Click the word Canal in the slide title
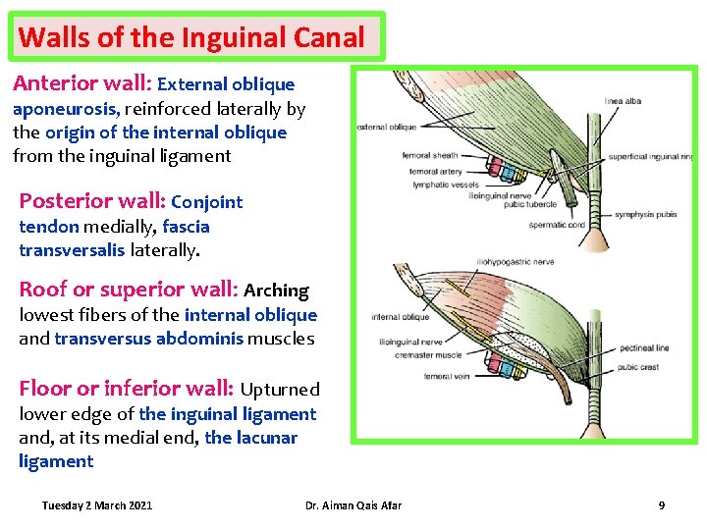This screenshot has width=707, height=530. point(329,38)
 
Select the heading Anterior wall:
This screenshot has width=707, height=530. point(82,84)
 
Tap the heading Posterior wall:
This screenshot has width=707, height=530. point(92,201)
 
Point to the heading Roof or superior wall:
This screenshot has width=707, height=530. point(129,290)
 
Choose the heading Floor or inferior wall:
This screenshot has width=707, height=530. point(127,389)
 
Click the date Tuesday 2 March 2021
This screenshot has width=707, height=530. point(97,505)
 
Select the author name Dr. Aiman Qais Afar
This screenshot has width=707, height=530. point(353,505)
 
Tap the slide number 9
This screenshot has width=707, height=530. point(661,505)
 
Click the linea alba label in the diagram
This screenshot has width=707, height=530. point(625,99)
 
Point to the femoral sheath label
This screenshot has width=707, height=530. point(430,156)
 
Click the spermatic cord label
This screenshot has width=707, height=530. point(557,225)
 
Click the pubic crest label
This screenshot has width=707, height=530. point(638,368)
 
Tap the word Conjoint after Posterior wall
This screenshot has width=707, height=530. point(206,203)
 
